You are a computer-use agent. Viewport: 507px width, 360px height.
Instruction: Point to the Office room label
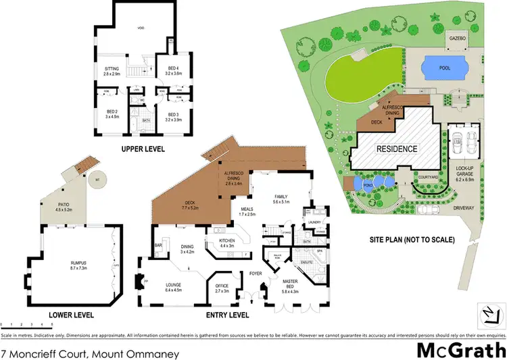221,286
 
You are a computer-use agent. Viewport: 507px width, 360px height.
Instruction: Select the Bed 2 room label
112,113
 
